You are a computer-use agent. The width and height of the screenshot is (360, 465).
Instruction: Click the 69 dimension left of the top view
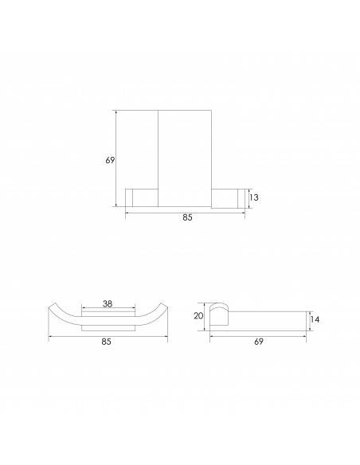point(110,160)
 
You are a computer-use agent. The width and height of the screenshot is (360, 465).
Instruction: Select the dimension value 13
point(254,197)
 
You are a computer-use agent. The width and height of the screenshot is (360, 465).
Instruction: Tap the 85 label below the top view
point(187,217)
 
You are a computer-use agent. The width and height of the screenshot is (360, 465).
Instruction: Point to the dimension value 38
point(108,303)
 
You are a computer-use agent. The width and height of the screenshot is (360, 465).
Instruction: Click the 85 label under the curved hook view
point(106,342)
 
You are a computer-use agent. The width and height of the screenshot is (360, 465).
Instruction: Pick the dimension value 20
point(198,316)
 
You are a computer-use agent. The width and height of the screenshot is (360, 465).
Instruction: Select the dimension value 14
point(315,319)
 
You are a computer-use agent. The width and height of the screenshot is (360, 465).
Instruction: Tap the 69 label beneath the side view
point(259,342)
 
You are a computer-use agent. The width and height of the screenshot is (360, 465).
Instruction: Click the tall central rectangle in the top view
point(185,158)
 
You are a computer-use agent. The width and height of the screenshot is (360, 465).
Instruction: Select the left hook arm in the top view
point(142,197)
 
